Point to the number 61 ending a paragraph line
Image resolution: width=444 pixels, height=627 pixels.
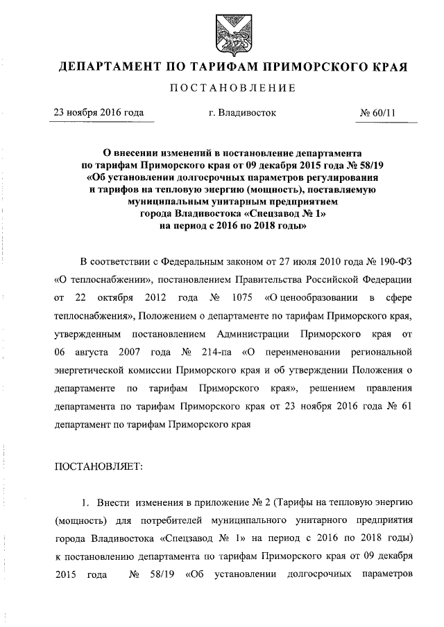[408, 406]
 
